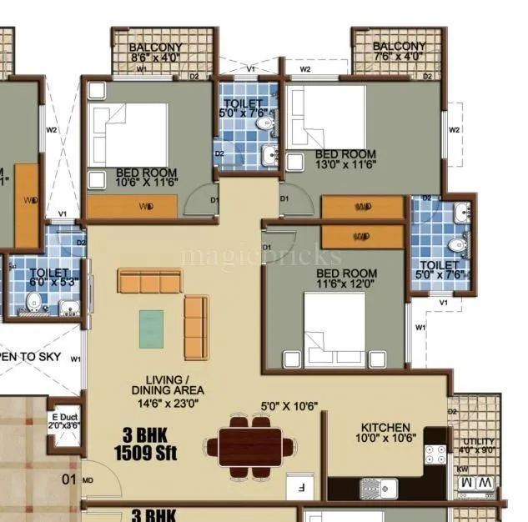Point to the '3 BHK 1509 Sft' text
146,444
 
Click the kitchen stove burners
435,454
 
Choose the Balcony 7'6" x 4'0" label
399,51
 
